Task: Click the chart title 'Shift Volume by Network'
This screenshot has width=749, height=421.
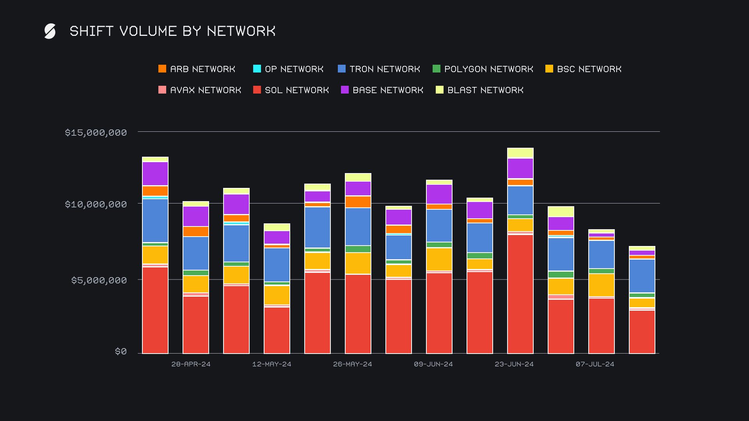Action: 172,31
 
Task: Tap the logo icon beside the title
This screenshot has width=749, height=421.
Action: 50,31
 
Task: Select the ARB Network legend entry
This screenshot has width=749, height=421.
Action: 197,69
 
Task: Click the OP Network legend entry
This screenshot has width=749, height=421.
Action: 289,69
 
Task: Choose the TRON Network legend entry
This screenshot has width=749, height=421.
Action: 379,69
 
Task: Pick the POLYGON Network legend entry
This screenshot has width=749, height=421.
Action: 483,69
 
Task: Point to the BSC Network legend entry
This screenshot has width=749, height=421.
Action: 584,69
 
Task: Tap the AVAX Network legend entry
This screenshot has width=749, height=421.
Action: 200,90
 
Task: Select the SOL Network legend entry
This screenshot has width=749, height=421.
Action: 291,90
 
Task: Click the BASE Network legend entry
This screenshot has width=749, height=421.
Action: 382,90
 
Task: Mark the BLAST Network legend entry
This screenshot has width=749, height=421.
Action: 480,90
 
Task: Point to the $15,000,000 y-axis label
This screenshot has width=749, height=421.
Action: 96,133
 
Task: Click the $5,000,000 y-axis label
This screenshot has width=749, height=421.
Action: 99,280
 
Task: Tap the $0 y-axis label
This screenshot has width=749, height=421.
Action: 121,352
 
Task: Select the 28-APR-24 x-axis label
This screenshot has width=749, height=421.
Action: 191,364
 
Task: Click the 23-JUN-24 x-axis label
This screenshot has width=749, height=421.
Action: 514,364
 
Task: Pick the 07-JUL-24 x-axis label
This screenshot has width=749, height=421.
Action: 595,364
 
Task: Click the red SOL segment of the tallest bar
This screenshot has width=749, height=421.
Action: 520,294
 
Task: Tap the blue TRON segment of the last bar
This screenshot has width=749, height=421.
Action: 642,276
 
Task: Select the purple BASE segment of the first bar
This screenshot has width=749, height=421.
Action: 155,173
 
